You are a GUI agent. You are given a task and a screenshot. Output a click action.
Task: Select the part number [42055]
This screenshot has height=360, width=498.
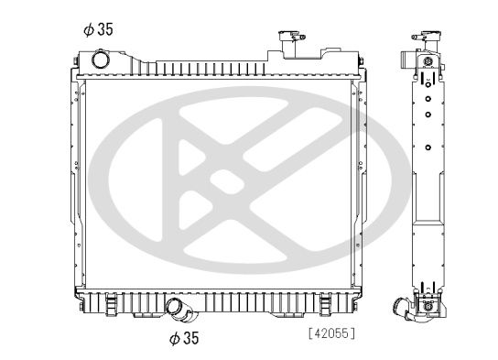pyautogui.click(x=331, y=333)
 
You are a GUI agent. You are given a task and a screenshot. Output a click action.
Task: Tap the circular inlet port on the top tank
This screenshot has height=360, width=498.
pyautogui.click(x=100, y=60)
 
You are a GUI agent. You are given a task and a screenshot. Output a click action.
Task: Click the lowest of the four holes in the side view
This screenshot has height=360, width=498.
pyautogui.click(x=428, y=146)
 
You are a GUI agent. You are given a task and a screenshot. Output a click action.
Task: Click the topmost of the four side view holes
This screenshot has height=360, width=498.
pyautogui.click(x=428, y=80)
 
